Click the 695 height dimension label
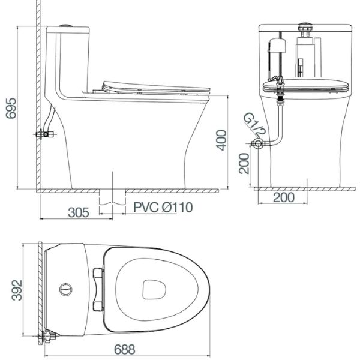[11, 108]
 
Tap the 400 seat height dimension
[221, 140]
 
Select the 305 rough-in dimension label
[78, 212]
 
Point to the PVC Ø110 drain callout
[163, 208]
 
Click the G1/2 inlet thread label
[254, 124]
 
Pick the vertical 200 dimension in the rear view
[244, 163]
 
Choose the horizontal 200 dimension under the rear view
[284, 197]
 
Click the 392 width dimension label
[17, 290]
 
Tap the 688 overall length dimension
[124, 349]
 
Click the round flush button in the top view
[66, 290]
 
